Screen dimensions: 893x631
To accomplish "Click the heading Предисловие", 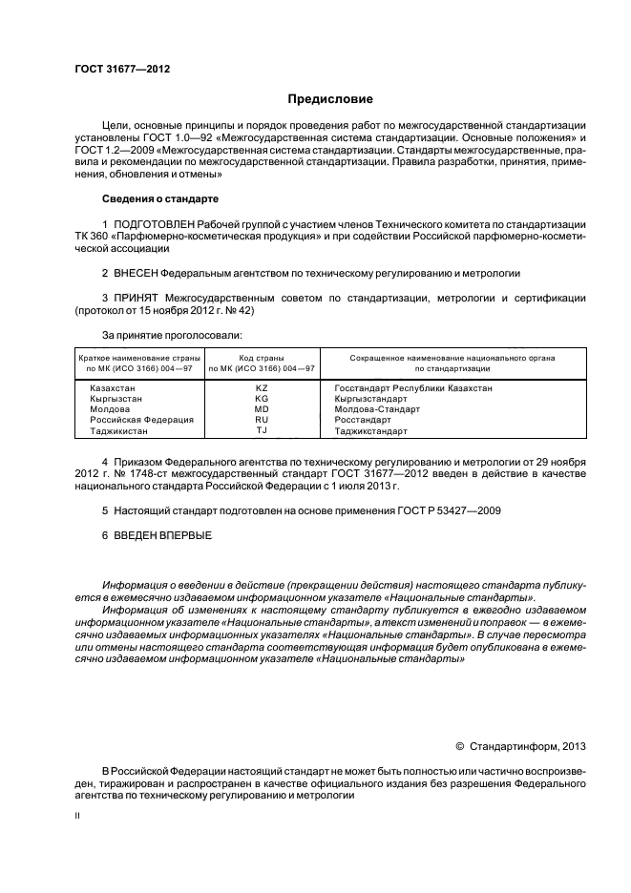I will coord(329,98).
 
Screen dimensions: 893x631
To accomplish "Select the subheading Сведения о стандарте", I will coord(160,198).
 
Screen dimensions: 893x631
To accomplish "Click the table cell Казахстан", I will coord(113,389).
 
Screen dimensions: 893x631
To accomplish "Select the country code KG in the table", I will coord(262,400).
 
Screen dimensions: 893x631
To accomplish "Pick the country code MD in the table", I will coord(262,409).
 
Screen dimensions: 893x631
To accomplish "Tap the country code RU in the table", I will coord(262,420).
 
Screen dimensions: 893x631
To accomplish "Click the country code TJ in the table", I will coord(262,430).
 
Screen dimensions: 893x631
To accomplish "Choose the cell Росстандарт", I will coord(363,420).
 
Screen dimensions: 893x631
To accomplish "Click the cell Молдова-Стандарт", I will coord(377,409).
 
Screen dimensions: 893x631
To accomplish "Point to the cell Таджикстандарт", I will coord(370,430).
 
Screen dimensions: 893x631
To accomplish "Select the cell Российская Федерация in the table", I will coord(141,420).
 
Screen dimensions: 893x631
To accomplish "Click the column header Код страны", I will coord(262,356).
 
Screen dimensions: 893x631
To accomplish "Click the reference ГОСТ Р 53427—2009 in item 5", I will coord(449,510).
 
